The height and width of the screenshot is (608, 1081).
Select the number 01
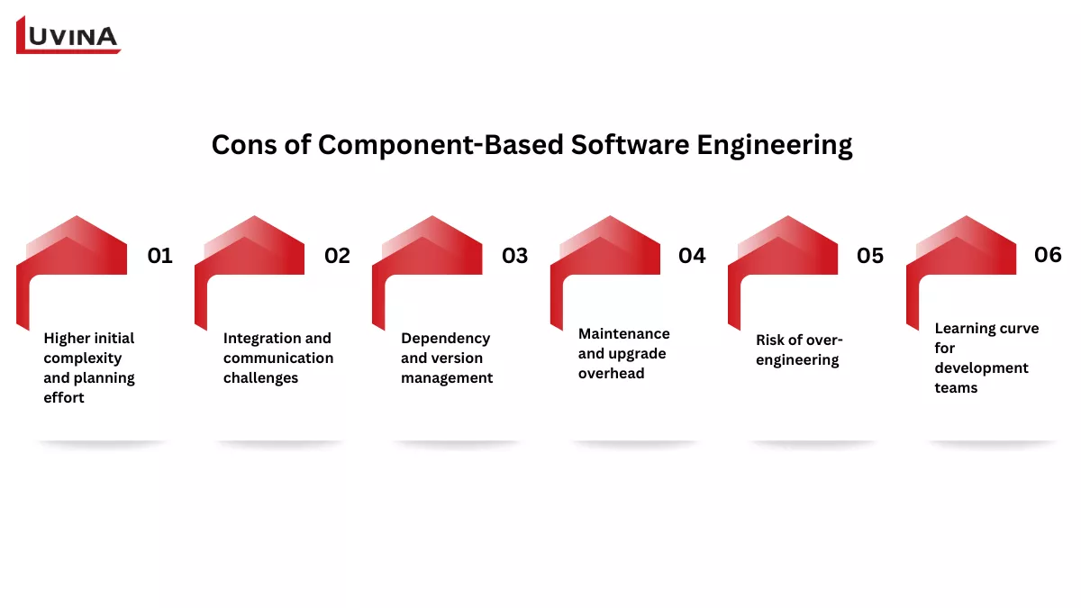[159, 256]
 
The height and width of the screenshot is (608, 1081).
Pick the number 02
[337, 256]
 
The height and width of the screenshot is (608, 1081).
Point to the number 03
[514, 256]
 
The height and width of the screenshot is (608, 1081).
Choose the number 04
[692, 256]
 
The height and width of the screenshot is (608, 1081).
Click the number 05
[870, 256]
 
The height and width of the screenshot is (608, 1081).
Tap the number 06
[1048, 255]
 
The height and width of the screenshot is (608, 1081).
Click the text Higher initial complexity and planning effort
[88, 368]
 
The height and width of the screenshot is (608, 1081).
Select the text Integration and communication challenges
[278, 358]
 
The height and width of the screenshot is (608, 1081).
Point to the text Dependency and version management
[447, 358]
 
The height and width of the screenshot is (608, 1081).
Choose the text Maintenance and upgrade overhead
[623, 353]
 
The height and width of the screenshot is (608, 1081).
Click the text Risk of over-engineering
[799, 349]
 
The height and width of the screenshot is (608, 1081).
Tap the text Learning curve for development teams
[986, 358]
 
